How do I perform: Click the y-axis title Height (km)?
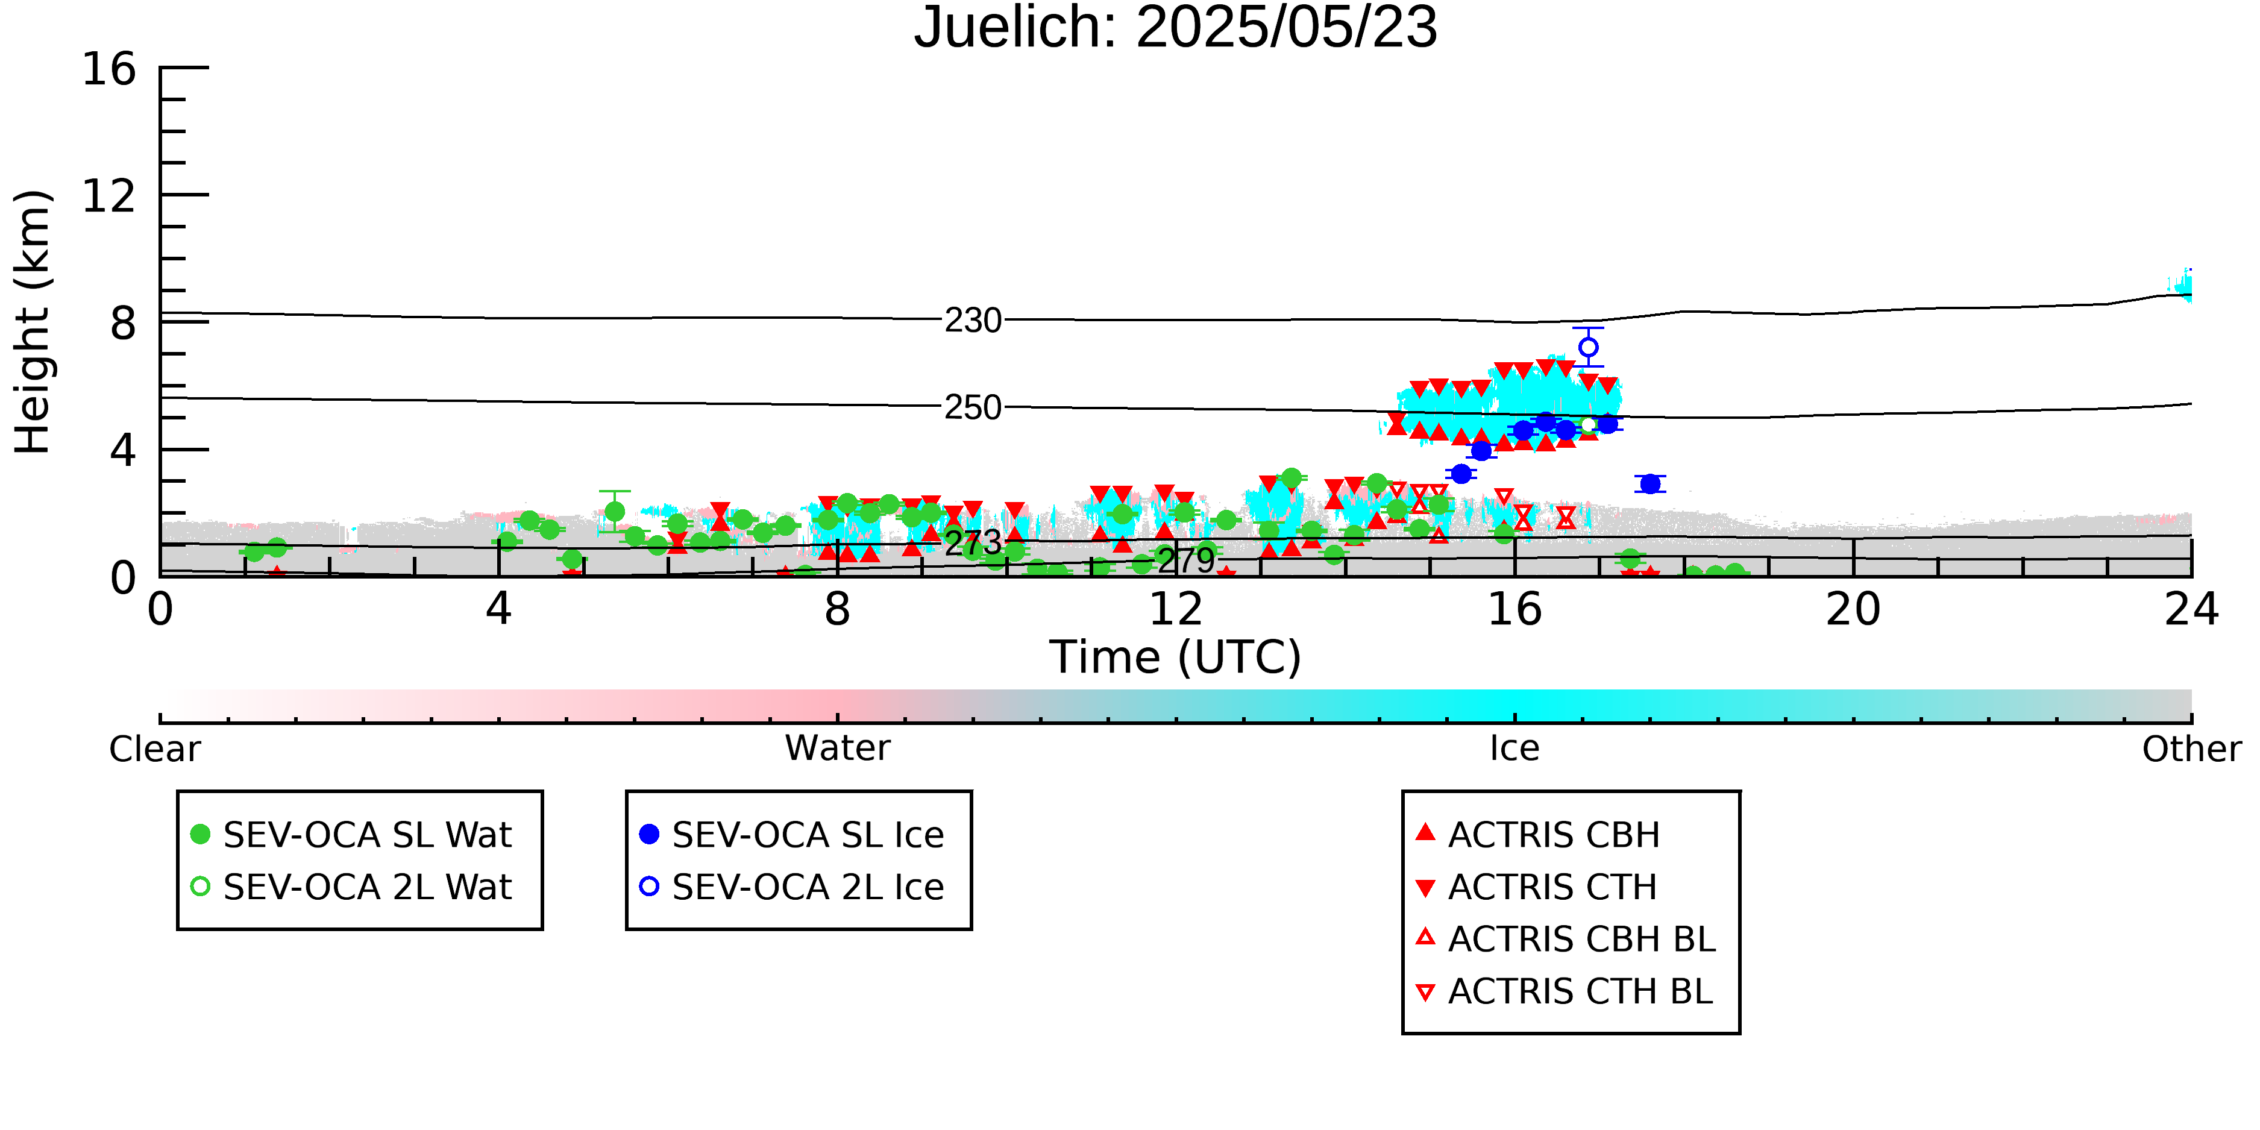(x=33, y=322)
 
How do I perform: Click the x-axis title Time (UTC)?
(x=1176, y=657)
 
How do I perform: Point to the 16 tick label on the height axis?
(x=109, y=69)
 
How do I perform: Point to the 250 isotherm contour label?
(x=973, y=407)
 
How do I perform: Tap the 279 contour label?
(x=1186, y=560)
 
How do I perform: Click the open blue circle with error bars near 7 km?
(x=1588, y=347)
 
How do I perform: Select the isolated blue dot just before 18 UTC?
(x=1650, y=483)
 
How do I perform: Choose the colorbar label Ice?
(x=1515, y=749)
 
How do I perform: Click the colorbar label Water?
(x=837, y=749)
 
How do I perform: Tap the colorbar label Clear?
(x=154, y=749)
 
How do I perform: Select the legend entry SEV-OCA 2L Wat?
(x=351, y=887)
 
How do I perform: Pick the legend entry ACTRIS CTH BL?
(x=1565, y=991)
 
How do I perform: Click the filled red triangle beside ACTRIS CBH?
(x=1426, y=832)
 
